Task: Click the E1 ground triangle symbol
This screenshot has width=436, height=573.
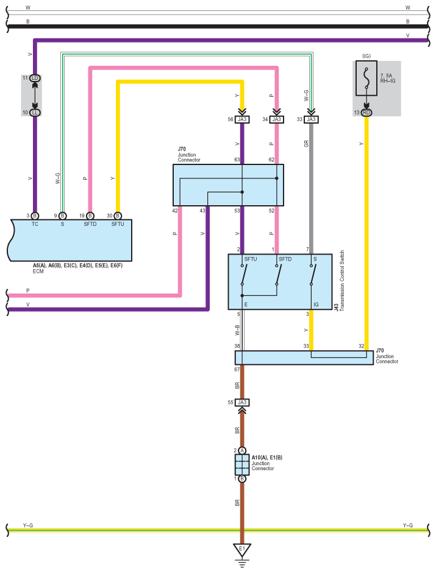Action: click(x=242, y=550)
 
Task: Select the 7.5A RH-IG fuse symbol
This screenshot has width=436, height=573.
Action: click(x=366, y=78)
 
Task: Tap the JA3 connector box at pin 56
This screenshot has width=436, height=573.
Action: click(x=242, y=119)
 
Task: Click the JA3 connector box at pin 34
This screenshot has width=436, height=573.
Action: click(x=276, y=119)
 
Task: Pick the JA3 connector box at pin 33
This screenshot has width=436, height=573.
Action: click(x=311, y=119)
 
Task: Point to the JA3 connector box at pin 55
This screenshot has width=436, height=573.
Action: click(x=242, y=403)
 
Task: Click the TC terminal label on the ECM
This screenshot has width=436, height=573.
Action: click(x=35, y=224)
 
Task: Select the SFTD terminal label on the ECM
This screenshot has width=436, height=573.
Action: click(x=90, y=224)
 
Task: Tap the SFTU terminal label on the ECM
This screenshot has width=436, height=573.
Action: click(x=118, y=224)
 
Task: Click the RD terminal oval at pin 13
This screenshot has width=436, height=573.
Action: click(x=366, y=113)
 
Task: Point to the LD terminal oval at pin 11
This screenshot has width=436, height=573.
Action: click(x=35, y=78)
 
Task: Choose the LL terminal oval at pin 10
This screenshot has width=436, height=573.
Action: click(x=35, y=113)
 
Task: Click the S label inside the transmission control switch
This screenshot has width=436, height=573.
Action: click(x=315, y=259)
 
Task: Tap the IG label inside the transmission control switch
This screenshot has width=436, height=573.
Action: click(x=316, y=304)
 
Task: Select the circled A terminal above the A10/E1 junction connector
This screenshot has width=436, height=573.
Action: click(x=242, y=451)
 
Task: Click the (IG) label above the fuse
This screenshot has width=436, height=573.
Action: click(x=366, y=56)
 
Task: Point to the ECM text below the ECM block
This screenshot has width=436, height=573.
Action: click(x=38, y=271)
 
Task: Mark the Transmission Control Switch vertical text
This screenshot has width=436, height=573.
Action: click(x=342, y=281)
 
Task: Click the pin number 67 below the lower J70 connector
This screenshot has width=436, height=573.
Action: click(x=237, y=370)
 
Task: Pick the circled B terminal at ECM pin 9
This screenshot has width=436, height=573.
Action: click(x=63, y=216)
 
